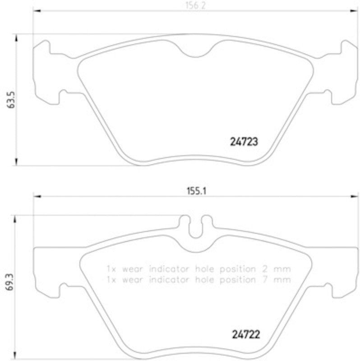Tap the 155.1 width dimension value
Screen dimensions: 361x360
tap(196, 190)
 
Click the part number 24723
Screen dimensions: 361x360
tap(241, 141)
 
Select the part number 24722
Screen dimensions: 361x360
tap(245, 335)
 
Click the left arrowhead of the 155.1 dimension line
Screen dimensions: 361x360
tap(37, 196)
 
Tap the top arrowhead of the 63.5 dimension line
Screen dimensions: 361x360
tap(17, 37)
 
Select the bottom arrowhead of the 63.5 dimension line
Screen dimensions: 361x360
tap(17, 162)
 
